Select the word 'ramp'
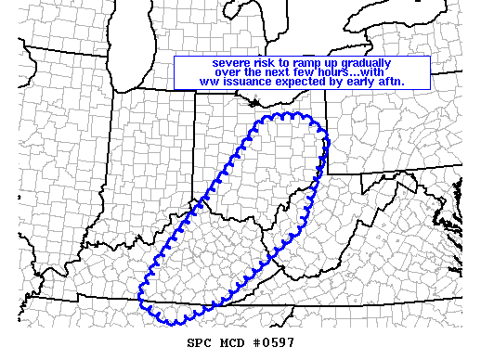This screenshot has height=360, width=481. click(x=318, y=63)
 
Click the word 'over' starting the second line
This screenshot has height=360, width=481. click(x=228, y=72)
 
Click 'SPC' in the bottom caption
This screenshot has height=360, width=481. click(x=198, y=343)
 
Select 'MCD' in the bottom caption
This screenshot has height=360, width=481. click(x=231, y=343)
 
